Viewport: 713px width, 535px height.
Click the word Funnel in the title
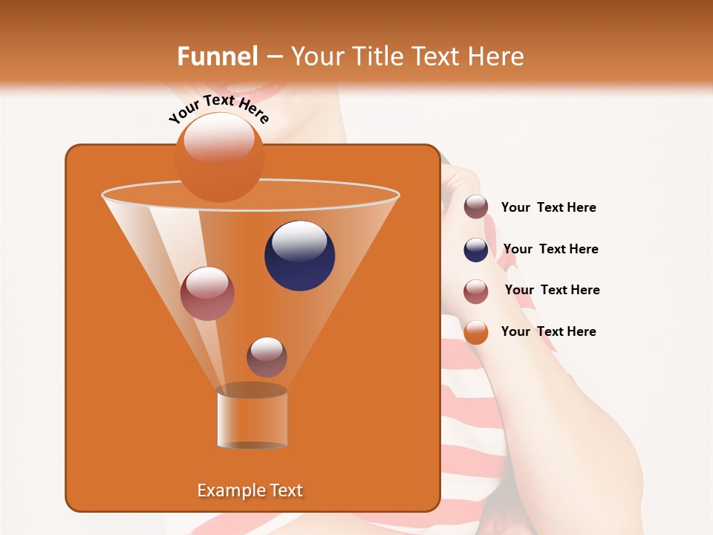218,56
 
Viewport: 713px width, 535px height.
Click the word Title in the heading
376,56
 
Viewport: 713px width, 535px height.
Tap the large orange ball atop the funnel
219,158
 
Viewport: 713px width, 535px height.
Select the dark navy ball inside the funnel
299,256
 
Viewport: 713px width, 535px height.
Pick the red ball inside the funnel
207,294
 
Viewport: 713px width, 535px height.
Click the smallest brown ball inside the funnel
267,357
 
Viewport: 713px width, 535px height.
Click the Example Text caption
250,490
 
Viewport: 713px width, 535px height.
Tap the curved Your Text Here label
219,109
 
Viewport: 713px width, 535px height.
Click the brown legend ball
476,207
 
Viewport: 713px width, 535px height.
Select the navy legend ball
476,250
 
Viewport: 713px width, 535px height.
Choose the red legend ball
476,291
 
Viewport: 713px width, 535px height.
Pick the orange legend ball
476,332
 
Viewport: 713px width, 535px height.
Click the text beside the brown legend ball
548,208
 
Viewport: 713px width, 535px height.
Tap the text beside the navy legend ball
550,249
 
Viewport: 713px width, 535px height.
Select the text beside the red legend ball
552,290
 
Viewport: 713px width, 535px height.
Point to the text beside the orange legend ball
548,331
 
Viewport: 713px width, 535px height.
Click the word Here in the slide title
497,56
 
